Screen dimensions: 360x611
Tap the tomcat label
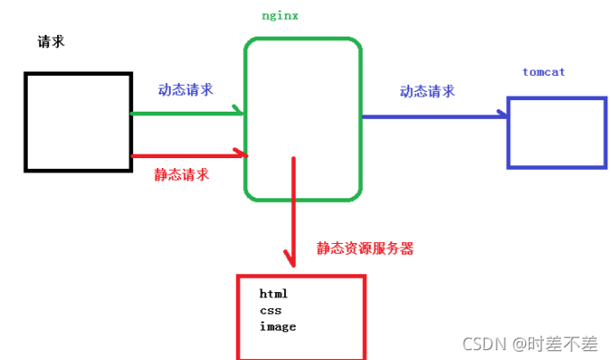click(543, 71)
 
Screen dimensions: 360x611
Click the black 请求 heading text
click(51, 42)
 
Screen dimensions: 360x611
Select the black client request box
click(78, 121)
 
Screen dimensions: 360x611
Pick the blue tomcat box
click(556, 133)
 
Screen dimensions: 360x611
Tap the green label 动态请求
click(186, 90)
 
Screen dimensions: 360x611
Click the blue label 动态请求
click(427, 91)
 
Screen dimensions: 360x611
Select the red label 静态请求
click(182, 174)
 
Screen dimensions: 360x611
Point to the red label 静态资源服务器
click(364, 249)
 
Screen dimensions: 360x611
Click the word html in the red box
click(273, 293)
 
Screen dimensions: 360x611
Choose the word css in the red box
click(270, 310)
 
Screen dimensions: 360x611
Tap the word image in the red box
click(277, 326)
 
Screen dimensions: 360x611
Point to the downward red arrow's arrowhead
click(289, 261)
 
